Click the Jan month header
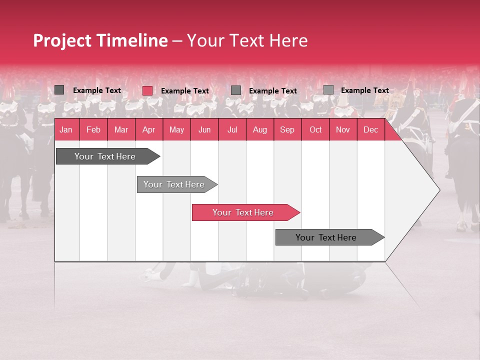[x=66, y=129]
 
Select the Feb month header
[x=93, y=129]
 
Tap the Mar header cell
[x=121, y=129]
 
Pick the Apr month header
[x=148, y=129]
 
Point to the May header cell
[x=176, y=129]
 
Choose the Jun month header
[x=204, y=129]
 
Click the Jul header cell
[x=232, y=129]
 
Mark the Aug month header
[x=259, y=129]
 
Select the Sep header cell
[x=287, y=129]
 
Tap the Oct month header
[x=315, y=129]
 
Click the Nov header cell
[x=343, y=129]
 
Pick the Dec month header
[x=370, y=129]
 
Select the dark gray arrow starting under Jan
[x=105, y=156]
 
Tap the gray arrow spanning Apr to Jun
[x=174, y=184]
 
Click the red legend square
[x=147, y=90]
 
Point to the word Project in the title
[x=61, y=40]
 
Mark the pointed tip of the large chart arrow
[x=438, y=190]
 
